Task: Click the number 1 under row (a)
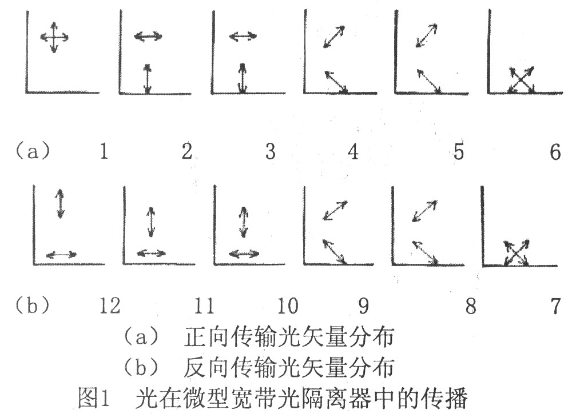(104, 151)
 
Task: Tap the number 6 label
(555, 151)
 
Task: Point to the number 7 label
(555, 306)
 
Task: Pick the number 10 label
(288, 306)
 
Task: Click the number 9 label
(364, 306)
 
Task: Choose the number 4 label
(353, 151)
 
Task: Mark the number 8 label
(471, 306)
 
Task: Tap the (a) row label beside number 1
(33, 150)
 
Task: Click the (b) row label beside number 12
(32, 305)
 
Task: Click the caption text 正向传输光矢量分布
(289, 336)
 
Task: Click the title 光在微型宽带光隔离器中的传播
(301, 397)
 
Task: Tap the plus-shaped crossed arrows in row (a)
(54, 37)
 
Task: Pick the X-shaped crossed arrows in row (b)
(516, 252)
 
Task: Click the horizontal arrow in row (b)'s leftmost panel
(61, 255)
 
